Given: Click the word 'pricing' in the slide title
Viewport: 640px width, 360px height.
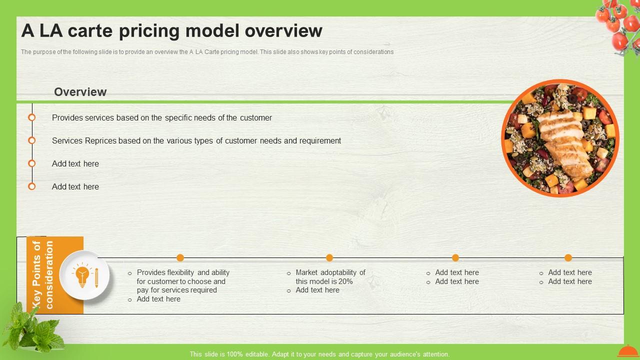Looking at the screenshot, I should click(149, 31).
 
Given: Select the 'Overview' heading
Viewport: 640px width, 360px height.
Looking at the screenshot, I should click(80, 92).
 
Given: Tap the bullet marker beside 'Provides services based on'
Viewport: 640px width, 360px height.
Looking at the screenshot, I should click(31, 117).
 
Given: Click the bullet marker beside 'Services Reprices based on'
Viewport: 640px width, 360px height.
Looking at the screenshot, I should click(31, 140).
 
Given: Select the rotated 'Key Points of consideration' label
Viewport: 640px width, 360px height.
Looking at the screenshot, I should click(43, 275).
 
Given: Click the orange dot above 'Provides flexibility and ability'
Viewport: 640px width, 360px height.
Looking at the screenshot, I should click(180, 257).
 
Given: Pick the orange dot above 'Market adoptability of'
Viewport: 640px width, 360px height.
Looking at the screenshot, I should click(329, 257).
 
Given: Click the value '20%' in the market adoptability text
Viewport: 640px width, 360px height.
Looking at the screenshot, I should click(344, 281).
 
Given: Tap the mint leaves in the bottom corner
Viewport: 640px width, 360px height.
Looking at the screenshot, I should click(32, 330).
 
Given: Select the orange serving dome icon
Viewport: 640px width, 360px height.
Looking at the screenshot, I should click(627, 351).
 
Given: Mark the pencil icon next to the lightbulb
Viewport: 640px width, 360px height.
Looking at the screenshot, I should click(96, 277).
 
